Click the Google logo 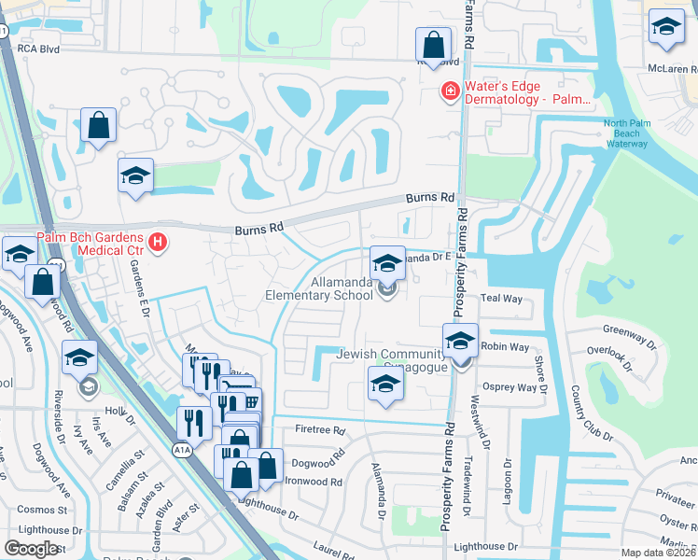pos(31,549)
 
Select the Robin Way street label pos(500,345)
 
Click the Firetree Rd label pos(320,431)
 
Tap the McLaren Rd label pos(672,69)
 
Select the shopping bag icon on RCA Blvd pos(433,43)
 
